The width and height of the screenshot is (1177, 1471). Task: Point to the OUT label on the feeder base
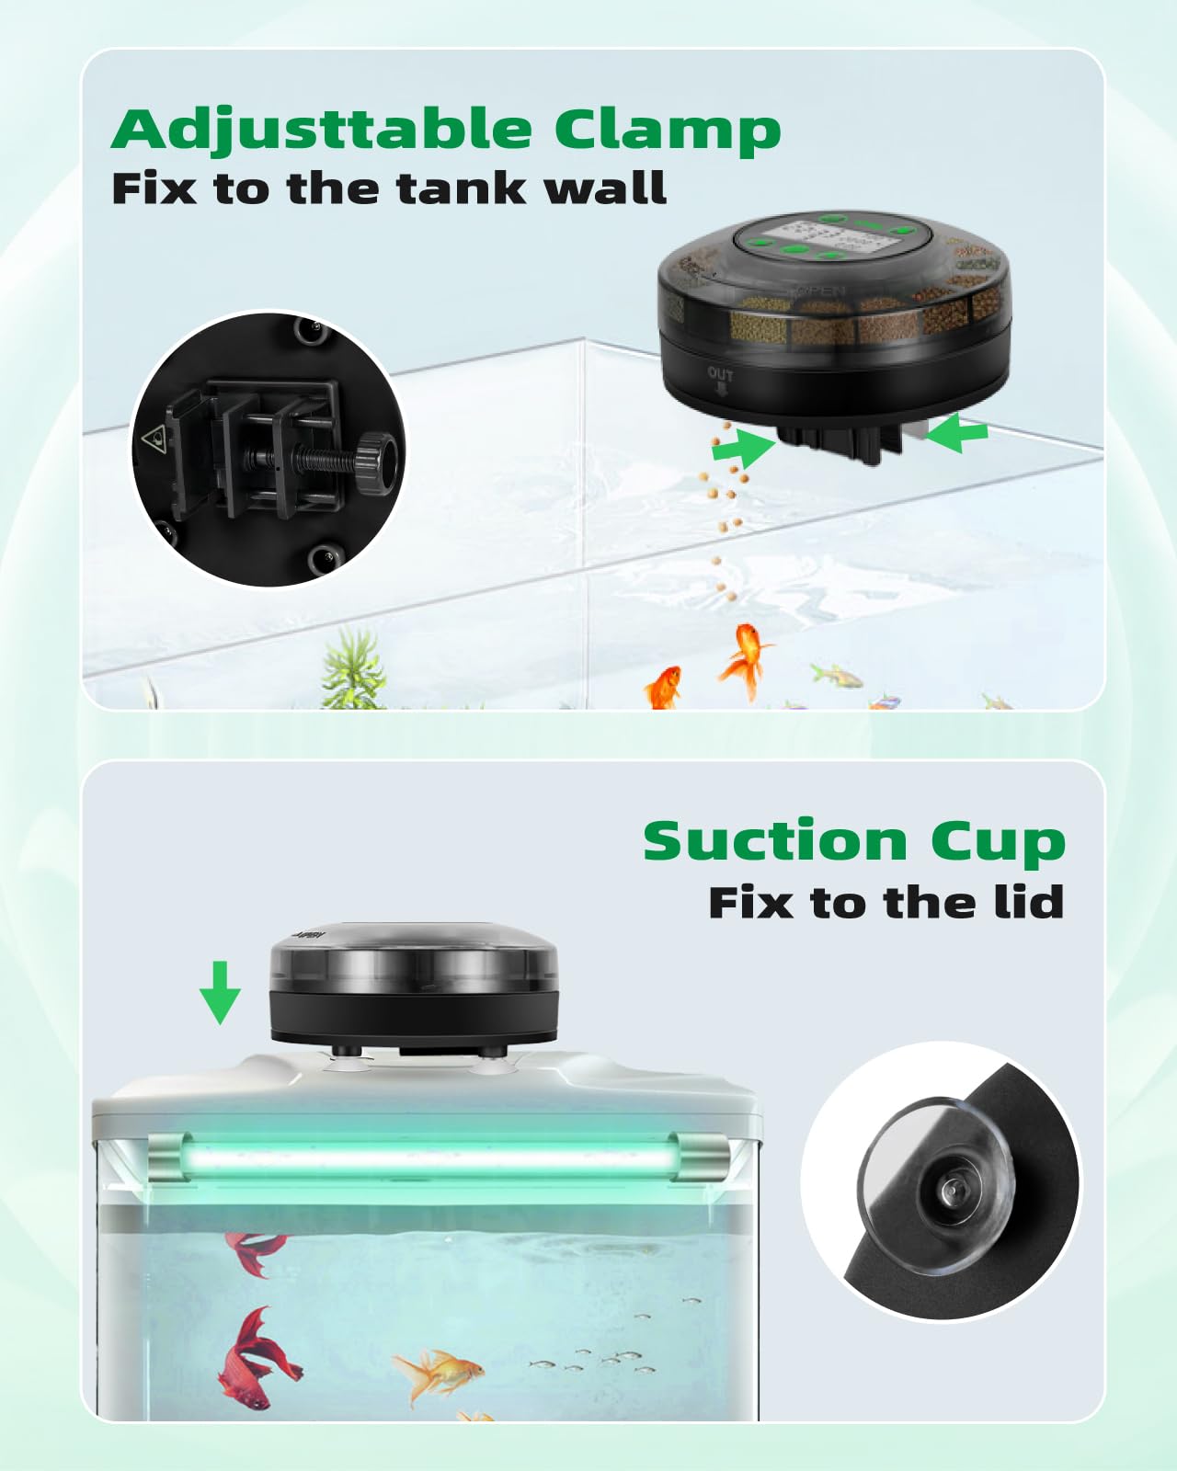pos(720,374)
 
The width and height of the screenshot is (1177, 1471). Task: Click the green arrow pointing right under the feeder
pos(744,448)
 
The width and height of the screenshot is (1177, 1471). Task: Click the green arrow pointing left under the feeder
pos(957,432)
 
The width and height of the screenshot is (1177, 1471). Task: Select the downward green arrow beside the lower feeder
pos(220,993)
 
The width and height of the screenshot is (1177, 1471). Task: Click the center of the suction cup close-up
pos(949,1192)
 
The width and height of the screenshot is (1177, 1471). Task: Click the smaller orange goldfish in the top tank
pos(664,688)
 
